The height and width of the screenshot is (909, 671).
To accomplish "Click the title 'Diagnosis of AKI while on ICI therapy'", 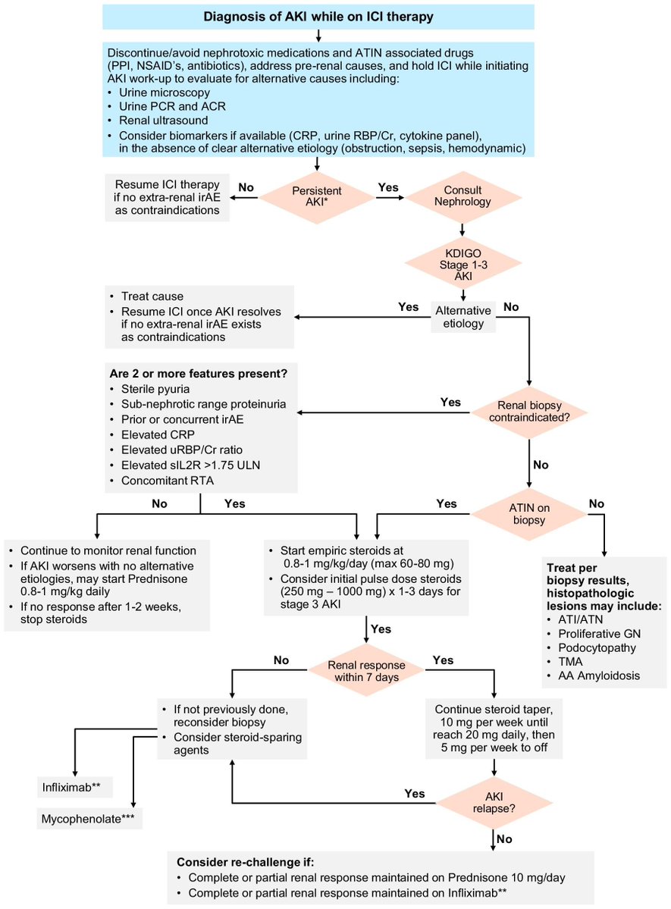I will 317,16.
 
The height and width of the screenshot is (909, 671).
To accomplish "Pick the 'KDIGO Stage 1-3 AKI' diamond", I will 462,262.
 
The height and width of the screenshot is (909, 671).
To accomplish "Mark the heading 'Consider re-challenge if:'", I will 241,863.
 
